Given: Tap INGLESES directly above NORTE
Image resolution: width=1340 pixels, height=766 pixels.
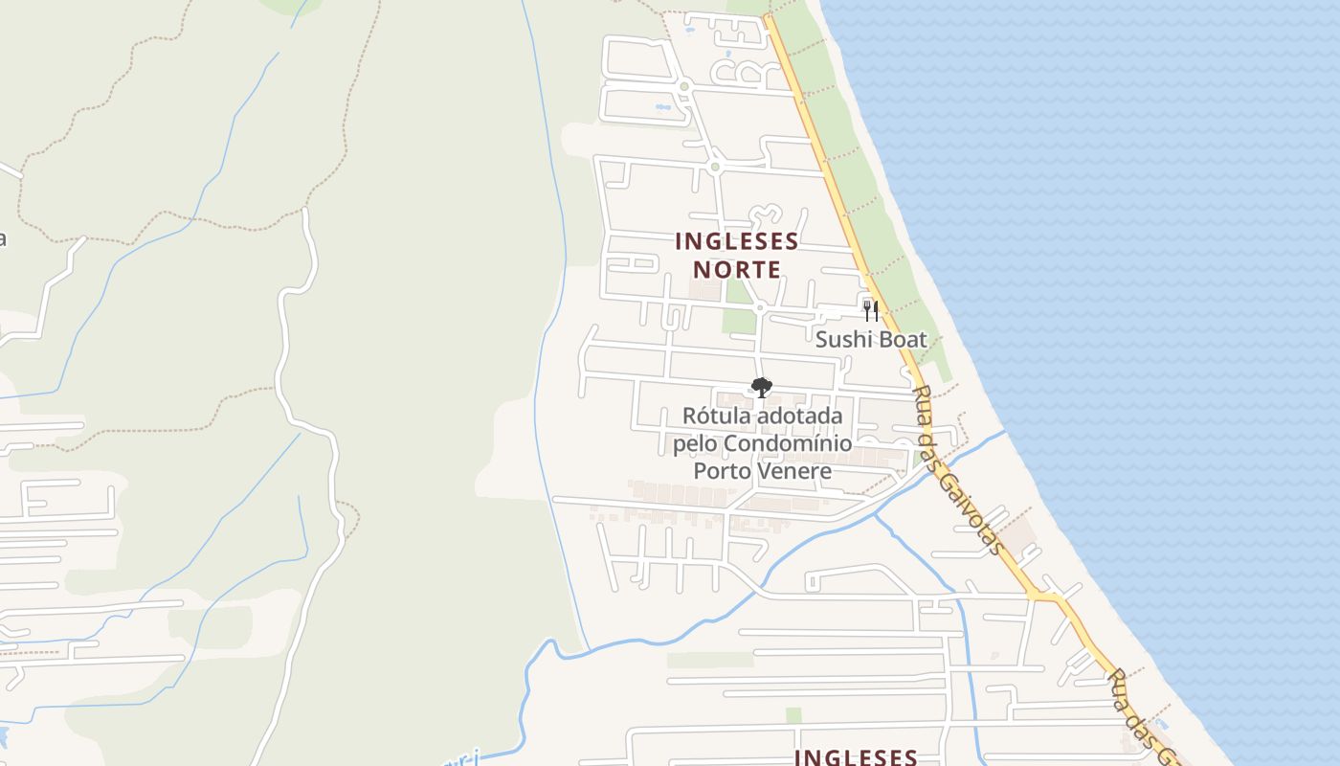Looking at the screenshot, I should coord(737,240).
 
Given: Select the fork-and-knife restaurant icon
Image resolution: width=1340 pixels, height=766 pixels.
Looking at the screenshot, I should coord(870,310).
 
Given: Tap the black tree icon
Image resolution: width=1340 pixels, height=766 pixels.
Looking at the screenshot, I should coord(762,388).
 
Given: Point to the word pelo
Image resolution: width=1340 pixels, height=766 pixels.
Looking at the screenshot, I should coord(694,443).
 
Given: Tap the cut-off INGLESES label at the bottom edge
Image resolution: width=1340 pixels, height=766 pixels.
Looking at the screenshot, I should coord(856,756).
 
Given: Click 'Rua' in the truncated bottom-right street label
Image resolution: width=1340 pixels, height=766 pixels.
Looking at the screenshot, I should coord(1119,684).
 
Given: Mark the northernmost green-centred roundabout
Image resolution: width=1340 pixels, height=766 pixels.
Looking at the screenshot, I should coord(684,87).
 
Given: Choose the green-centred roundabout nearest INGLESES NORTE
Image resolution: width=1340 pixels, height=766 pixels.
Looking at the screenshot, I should coord(714,168).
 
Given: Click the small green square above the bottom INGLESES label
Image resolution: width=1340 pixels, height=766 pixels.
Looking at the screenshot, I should coord(793,715).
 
